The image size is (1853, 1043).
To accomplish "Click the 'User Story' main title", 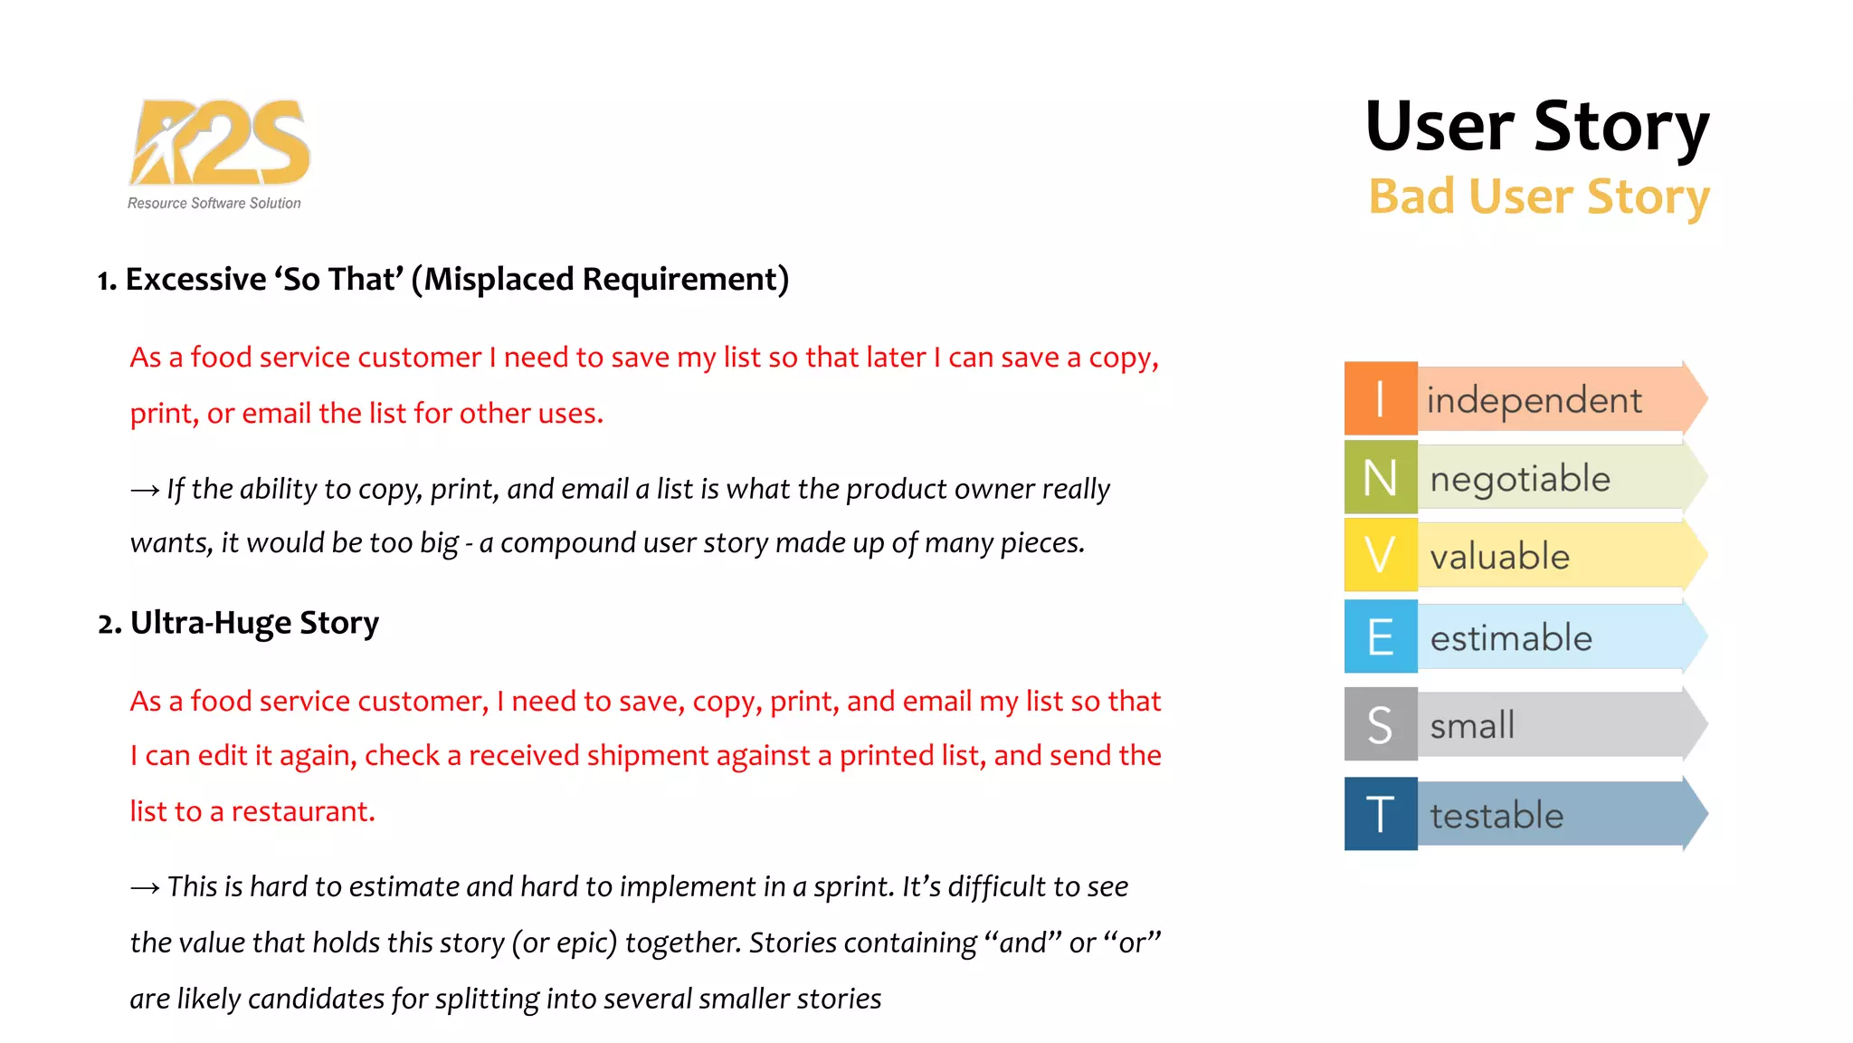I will pyautogui.click(x=1536, y=127).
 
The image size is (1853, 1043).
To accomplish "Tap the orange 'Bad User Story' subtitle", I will pyautogui.click(x=1538, y=196).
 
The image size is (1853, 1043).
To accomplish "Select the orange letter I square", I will pyautogui.click(x=1380, y=398).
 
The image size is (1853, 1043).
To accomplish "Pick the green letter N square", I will pyautogui.click(x=1380, y=477).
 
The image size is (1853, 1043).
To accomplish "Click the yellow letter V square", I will pyautogui.click(x=1380, y=555).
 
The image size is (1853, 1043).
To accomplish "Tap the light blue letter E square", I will pyautogui.click(x=1380, y=636).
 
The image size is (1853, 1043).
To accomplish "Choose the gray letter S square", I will pyautogui.click(x=1380, y=724).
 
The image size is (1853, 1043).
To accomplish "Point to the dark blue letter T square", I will pyautogui.click(x=1380, y=814).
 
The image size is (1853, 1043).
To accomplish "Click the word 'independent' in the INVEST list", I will pyautogui.click(x=1534, y=400).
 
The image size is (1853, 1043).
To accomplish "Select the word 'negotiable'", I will pyautogui.click(x=1520, y=479).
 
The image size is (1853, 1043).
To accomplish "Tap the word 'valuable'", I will pyautogui.click(x=1499, y=557).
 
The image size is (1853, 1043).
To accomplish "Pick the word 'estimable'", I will pyautogui.click(x=1511, y=638).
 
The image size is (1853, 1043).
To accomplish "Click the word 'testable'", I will pyautogui.click(x=1497, y=816).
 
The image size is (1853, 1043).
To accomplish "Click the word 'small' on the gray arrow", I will pyautogui.click(x=1472, y=725).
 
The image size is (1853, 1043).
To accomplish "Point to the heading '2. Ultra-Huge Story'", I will pyautogui.click(x=238, y=623).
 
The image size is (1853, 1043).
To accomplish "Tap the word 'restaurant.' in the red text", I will pyautogui.click(x=303, y=811).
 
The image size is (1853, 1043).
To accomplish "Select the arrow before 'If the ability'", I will pyautogui.click(x=145, y=491).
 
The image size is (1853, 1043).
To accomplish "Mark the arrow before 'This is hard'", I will pyautogui.click(x=145, y=888).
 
